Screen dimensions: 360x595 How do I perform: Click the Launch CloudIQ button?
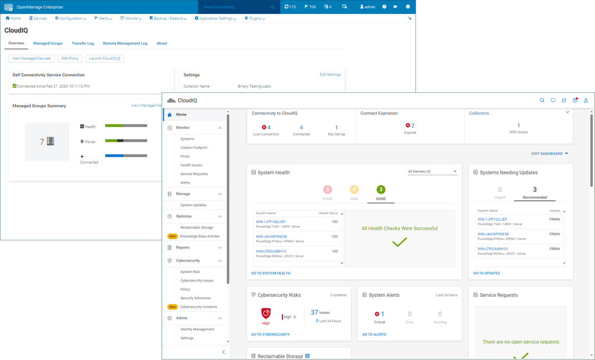click(x=105, y=58)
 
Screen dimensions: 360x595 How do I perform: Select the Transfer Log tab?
click(x=83, y=44)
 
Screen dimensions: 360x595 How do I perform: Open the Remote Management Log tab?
click(x=125, y=44)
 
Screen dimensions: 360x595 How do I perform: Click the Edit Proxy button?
click(x=70, y=58)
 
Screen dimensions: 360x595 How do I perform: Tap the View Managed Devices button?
click(x=32, y=58)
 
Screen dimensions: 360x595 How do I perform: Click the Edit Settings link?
click(x=330, y=75)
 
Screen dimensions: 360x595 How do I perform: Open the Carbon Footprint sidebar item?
click(x=193, y=147)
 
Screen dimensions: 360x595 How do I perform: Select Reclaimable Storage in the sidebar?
click(x=196, y=228)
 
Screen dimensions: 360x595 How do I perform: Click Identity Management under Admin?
click(x=197, y=329)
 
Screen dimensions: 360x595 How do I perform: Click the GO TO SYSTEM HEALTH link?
click(x=271, y=273)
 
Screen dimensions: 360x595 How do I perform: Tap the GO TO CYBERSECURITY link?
click(x=270, y=334)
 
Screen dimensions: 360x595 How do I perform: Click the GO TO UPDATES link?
click(x=486, y=273)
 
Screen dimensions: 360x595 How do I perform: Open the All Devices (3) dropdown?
click(x=432, y=172)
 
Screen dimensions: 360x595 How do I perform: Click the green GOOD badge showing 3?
click(x=381, y=190)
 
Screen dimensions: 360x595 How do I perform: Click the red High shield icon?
click(x=266, y=314)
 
